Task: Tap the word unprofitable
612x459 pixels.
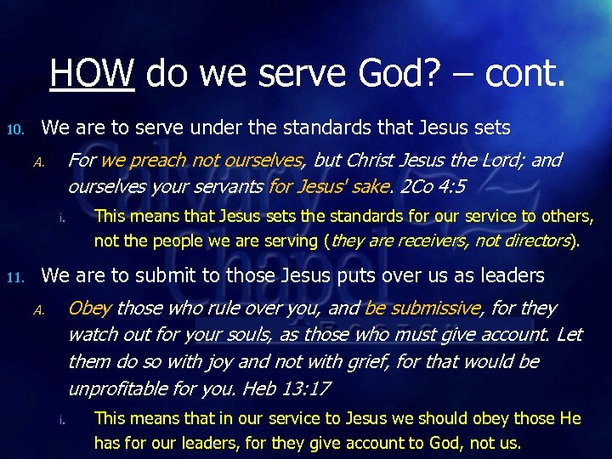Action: pyautogui.click(x=121, y=388)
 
